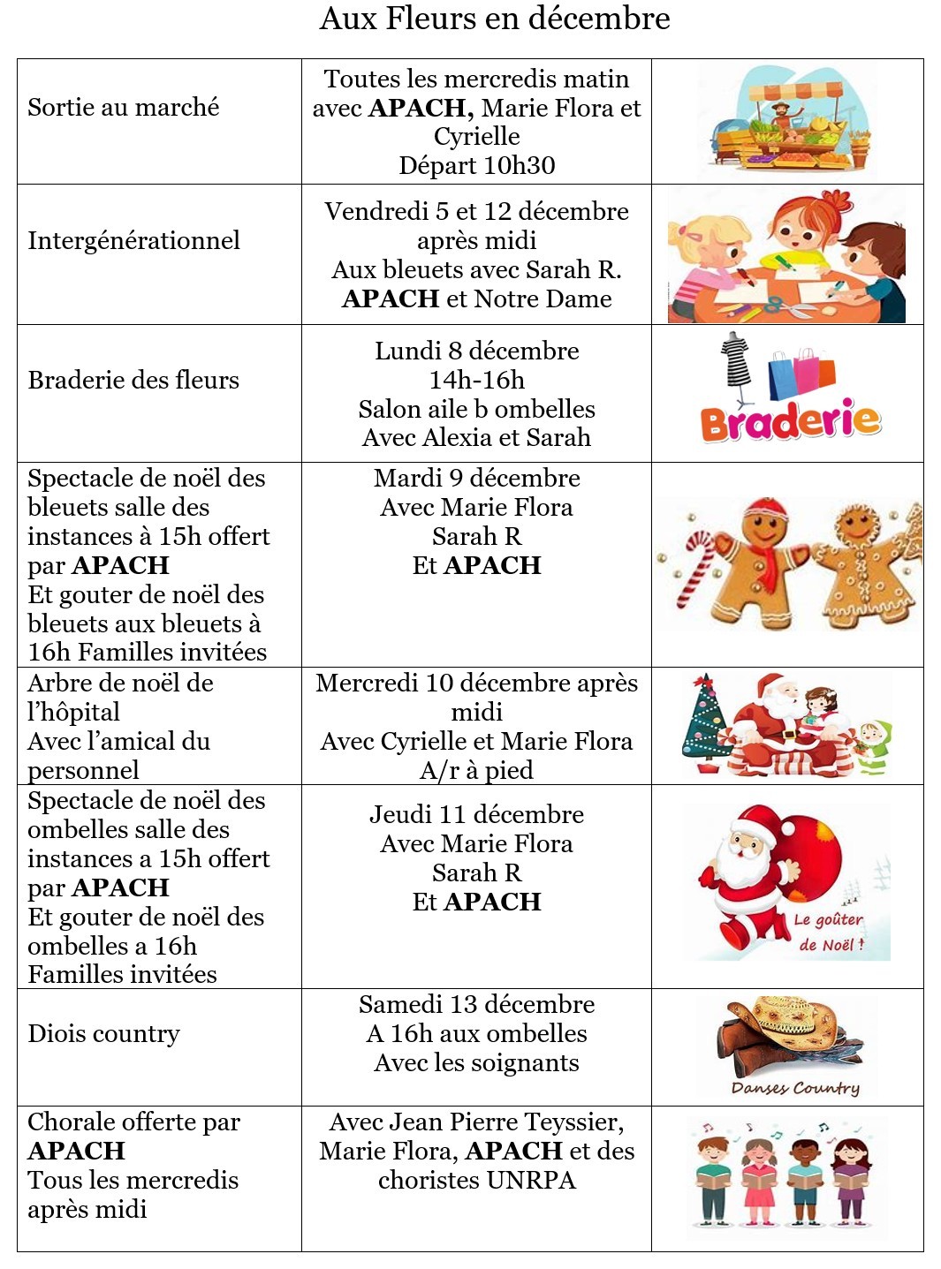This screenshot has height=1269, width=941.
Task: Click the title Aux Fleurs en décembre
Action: pyautogui.click(x=495, y=19)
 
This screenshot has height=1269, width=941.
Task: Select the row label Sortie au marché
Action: pyautogui.click(x=124, y=108)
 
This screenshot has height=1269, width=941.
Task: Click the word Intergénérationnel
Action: pyautogui.click(x=133, y=241)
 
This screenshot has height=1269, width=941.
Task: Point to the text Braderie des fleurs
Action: pyautogui.click(x=133, y=381)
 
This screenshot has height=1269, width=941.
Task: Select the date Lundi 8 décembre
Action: pyautogui.click(x=476, y=351)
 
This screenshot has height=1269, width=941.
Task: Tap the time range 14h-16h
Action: pyautogui.click(x=476, y=381)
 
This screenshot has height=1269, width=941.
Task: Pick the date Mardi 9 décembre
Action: pyautogui.click(x=476, y=479)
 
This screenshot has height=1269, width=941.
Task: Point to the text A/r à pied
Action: pyautogui.click(x=476, y=771)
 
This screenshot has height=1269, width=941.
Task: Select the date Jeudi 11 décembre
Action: pyautogui.click(x=476, y=815)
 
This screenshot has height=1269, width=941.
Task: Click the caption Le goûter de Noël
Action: pyautogui.click(x=829, y=933)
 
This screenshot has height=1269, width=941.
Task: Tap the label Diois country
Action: pyautogui.click(x=104, y=1034)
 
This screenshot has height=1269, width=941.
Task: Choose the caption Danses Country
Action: pyautogui.click(x=795, y=1088)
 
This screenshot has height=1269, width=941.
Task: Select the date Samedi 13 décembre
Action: pyautogui.click(x=476, y=1005)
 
